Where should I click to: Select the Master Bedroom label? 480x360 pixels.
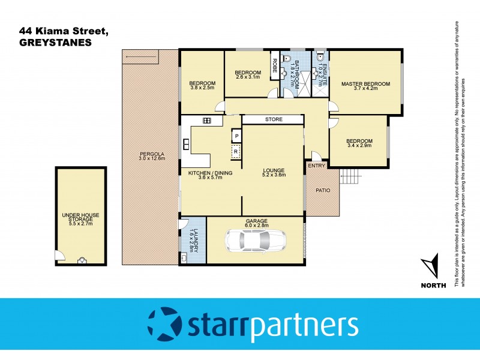(x=365, y=83)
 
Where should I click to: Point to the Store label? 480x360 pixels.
(x=274, y=119)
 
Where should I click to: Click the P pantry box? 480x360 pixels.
(x=236, y=136)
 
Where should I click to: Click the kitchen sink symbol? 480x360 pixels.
(x=207, y=121)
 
